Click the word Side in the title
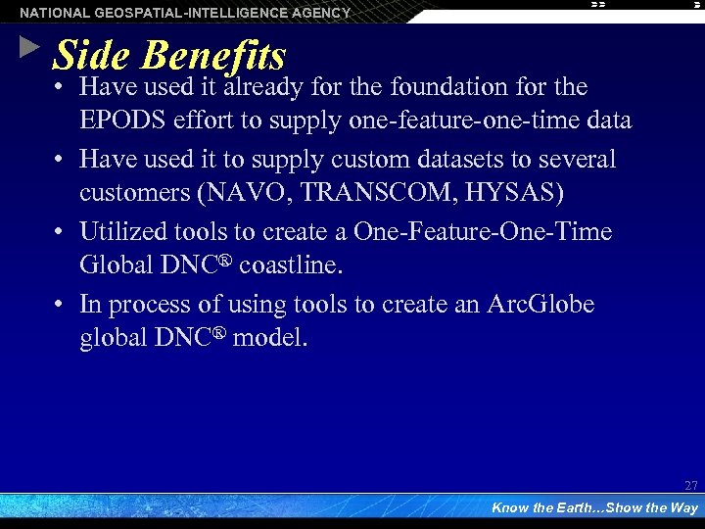[x=90, y=55]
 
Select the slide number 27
[x=691, y=486]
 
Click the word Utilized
[x=121, y=231]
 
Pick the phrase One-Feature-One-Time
[x=483, y=231]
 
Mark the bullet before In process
[x=61, y=305]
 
